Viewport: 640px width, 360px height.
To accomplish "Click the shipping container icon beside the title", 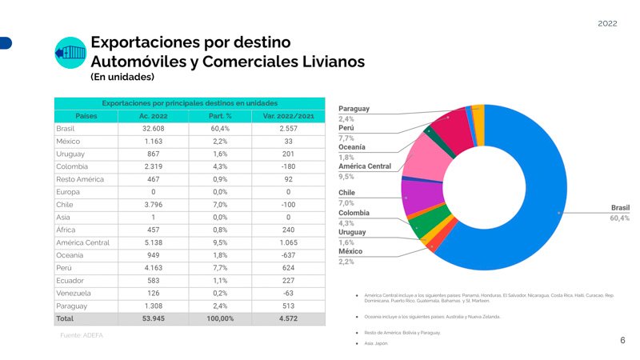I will click(x=69, y=53).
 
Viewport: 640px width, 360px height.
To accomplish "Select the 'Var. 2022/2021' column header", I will click(x=287, y=115).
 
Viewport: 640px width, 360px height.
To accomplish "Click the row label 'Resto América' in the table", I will click(x=81, y=179).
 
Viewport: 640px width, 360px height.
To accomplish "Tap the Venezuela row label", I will click(x=74, y=293).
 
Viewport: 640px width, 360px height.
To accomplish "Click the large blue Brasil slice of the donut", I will click(x=552, y=200).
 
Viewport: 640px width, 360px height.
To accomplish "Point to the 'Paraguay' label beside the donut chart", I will click(x=354, y=109).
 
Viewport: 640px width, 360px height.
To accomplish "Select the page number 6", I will click(x=622, y=340).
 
